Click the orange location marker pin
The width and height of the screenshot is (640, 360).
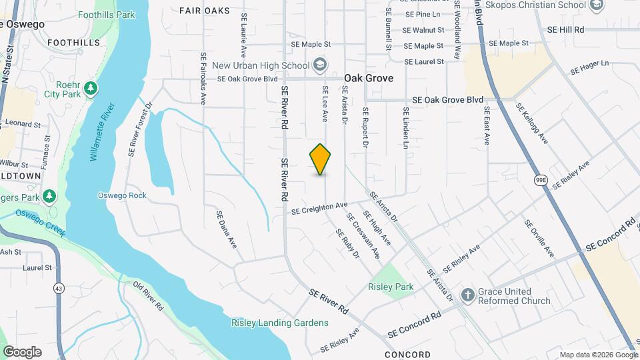pyautogui.click(x=321, y=159)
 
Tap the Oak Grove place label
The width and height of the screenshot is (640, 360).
pyautogui.click(x=369, y=78)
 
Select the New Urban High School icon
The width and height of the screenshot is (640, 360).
pyautogui.click(x=320, y=65)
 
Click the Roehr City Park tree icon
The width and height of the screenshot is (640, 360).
pyautogui.click(x=91, y=89)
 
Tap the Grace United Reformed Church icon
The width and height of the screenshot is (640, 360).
pyautogui.click(x=469, y=295)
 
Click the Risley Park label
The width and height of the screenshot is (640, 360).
pyautogui.click(x=391, y=287)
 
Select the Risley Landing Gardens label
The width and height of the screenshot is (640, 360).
pyautogui.click(x=280, y=323)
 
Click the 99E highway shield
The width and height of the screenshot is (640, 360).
pyautogui.click(x=541, y=179)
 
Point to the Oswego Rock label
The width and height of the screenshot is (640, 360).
pyautogui.click(x=121, y=195)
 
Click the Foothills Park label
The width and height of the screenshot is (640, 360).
pyautogui.click(x=106, y=15)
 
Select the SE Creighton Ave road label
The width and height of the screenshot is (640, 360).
pyautogui.click(x=320, y=209)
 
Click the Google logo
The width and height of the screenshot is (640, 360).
pyautogui.click(x=22, y=351)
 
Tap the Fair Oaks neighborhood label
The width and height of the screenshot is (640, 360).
pyautogui.click(x=205, y=11)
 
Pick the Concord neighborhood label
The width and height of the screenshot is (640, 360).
pyautogui.click(x=407, y=355)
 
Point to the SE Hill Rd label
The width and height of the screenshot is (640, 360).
pyautogui.click(x=565, y=30)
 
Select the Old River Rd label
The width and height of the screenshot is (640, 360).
pyautogui.click(x=148, y=297)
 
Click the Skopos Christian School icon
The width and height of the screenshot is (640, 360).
pyautogui.click(x=596, y=7)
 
